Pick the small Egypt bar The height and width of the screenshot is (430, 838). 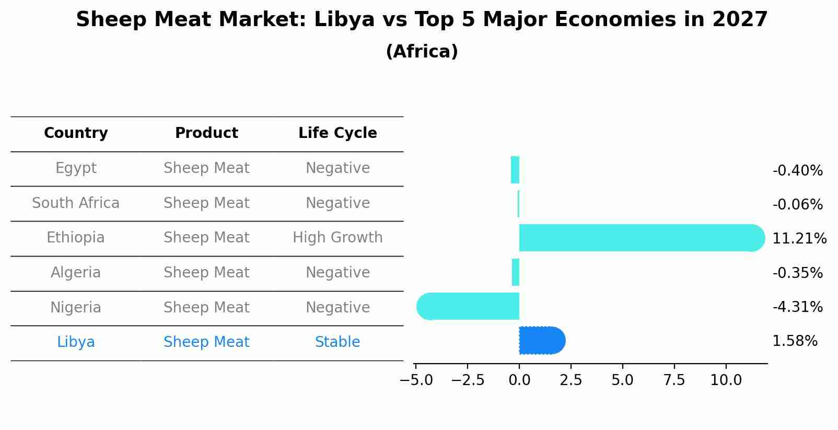point(515,170)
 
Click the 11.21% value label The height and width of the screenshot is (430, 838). point(799,239)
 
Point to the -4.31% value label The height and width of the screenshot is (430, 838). point(797,307)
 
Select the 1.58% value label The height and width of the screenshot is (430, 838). point(795,341)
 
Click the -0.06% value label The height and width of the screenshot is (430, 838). point(797,205)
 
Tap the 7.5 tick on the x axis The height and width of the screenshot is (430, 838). point(674,380)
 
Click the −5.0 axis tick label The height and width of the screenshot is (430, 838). point(416,380)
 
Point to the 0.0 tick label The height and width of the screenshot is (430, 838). point(519,380)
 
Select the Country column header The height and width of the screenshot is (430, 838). point(76,133)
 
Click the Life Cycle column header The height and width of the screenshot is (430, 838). point(337,133)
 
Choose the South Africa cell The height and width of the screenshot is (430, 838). point(76,203)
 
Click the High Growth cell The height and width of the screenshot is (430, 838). point(337,238)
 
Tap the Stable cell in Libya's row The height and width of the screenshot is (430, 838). point(337,342)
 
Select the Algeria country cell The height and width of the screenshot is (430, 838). point(76,273)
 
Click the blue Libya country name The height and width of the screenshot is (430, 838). point(76,342)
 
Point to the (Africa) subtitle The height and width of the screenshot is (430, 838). point(422,52)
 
